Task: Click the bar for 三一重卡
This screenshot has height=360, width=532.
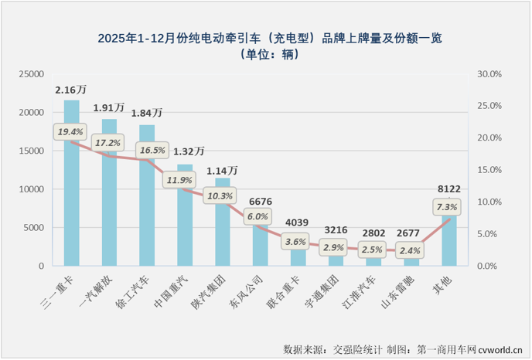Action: (71, 201)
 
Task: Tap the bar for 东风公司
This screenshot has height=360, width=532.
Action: (261, 247)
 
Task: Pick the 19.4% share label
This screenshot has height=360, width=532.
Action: (70, 133)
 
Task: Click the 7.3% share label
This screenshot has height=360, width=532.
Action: (447, 207)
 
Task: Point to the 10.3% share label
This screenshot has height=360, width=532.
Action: (220, 196)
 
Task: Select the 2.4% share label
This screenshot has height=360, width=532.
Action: (411, 250)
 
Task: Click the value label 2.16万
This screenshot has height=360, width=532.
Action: (70, 90)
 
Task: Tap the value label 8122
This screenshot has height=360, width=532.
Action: (449, 187)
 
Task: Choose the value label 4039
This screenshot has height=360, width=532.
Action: (298, 223)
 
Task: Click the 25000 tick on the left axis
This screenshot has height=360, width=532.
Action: (32, 74)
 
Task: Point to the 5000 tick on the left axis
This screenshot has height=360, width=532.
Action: (34, 228)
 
